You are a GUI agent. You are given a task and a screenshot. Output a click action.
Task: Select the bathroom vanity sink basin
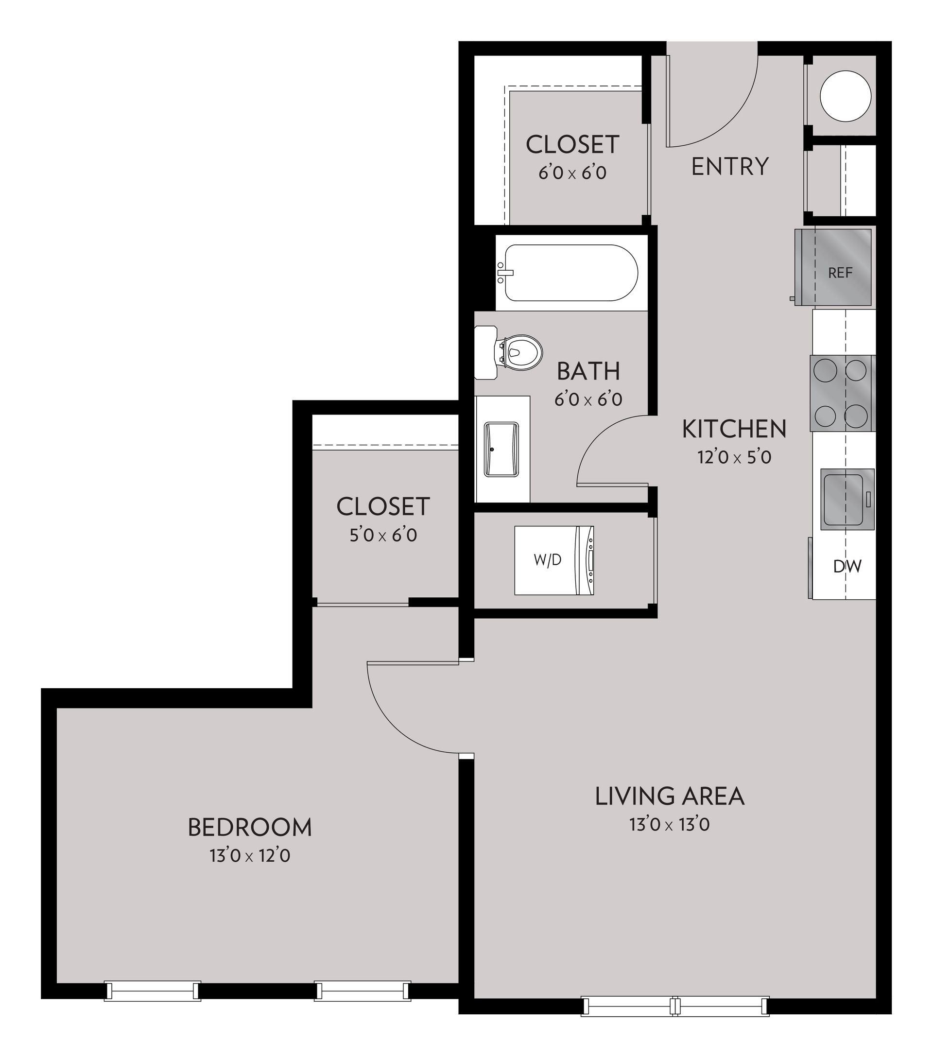point(501,449)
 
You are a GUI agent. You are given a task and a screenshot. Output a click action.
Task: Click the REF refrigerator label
point(840,273)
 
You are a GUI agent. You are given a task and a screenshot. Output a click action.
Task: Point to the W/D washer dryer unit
point(553,560)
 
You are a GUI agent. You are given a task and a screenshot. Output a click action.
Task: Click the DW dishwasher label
point(847,567)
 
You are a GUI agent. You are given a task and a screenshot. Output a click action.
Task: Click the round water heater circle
point(846,96)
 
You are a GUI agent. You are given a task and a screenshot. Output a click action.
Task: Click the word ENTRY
point(729,167)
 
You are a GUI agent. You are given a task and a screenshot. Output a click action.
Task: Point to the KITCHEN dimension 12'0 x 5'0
point(734,458)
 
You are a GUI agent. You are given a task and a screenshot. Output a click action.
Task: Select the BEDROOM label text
point(250,827)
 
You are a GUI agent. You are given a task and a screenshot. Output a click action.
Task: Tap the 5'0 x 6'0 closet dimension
point(383,535)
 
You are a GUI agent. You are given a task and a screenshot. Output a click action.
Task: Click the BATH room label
point(588,371)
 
